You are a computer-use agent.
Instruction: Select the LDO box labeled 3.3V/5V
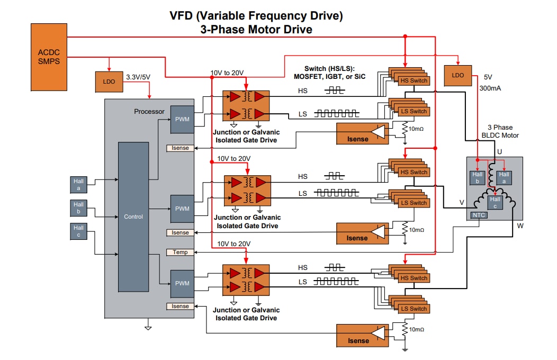tap(109, 82)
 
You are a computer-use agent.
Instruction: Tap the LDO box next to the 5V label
tap(458, 75)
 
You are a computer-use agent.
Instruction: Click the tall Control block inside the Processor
tap(133, 217)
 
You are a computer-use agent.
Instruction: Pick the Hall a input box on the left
tap(78, 184)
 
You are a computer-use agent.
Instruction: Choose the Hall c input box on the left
tap(78, 231)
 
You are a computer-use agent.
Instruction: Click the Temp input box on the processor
tap(180, 253)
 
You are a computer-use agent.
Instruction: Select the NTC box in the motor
tap(479, 215)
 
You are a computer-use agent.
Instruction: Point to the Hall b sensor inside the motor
tap(478, 177)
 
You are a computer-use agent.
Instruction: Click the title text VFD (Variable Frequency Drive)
tap(256, 16)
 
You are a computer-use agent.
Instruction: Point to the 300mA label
tap(489, 88)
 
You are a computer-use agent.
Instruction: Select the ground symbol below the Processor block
tap(148, 328)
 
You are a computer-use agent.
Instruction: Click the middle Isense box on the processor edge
tap(180, 232)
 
